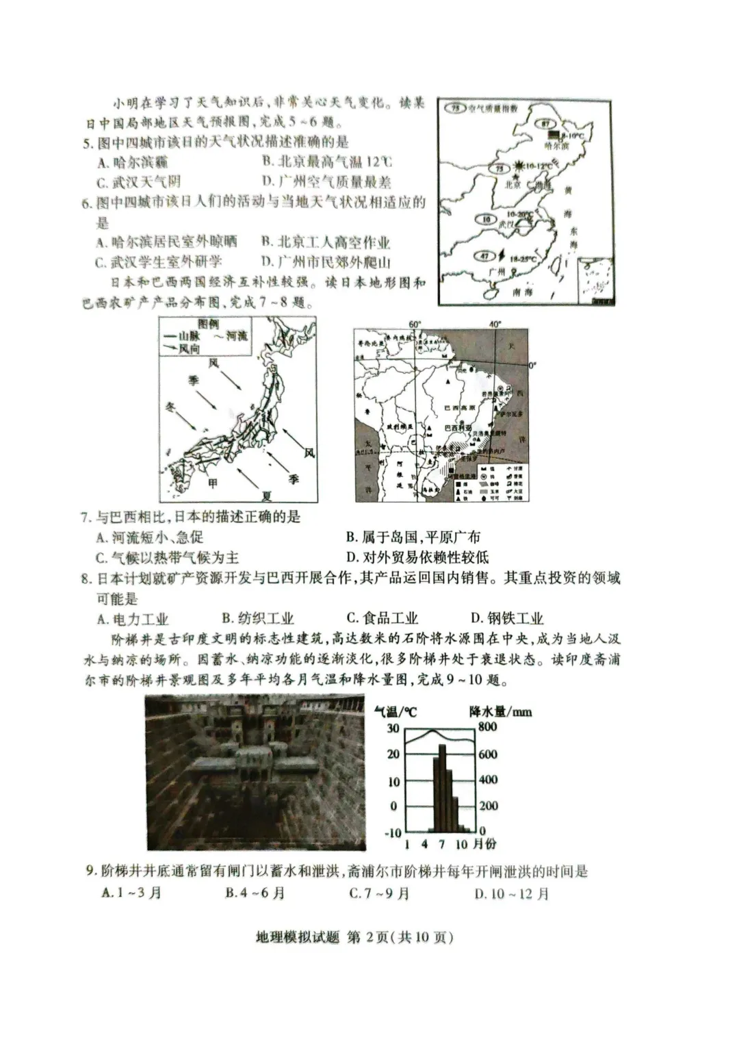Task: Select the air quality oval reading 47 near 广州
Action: [485, 256]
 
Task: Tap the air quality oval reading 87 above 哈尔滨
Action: [545, 123]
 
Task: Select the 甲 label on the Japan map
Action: [213, 483]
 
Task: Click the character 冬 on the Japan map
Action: [171, 407]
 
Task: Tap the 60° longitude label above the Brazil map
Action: [415, 323]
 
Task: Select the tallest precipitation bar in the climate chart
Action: [441, 787]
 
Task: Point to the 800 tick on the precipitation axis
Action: [487, 726]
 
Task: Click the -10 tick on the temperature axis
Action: [393, 832]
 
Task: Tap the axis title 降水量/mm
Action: [500, 711]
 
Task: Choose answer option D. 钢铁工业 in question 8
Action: [507, 619]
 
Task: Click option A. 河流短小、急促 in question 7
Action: [149, 537]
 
